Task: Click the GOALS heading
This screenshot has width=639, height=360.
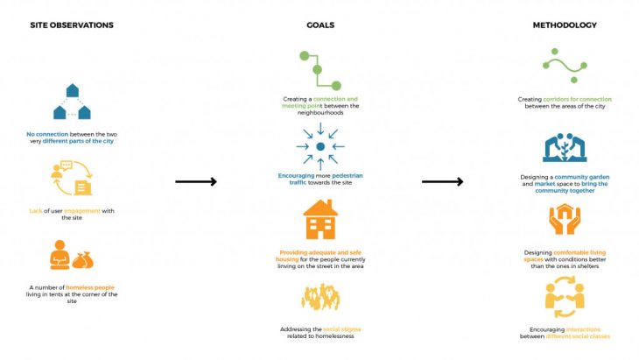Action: [319, 25]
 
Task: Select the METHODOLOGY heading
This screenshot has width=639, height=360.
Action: [564, 25]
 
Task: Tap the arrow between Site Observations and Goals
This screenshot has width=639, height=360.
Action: [196, 181]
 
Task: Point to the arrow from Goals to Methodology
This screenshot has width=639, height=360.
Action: [442, 181]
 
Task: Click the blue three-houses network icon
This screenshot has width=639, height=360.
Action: [72, 102]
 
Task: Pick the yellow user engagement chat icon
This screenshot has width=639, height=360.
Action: [73, 178]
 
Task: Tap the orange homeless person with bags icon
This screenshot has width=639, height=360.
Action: [73, 257]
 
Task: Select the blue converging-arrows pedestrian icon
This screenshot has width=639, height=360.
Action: [319, 145]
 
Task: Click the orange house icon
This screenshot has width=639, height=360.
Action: [319, 219]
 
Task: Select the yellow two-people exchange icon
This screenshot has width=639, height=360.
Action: [564, 300]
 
